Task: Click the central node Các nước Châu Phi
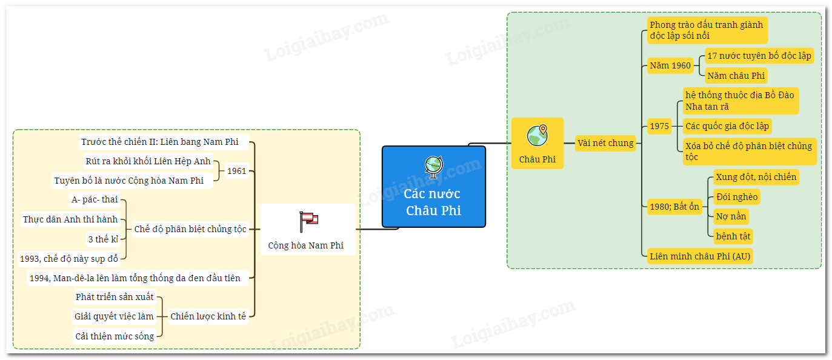click(433, 202)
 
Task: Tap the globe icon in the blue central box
click(433, 165)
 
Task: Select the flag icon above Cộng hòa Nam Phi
click(308, 222)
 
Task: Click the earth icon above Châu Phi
click(537, 136)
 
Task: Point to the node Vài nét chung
click(605, 144)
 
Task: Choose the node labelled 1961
click(236, 171)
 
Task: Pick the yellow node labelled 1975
click(659, 126)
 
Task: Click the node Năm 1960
click(670, 65)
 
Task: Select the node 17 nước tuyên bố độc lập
click(759, 56)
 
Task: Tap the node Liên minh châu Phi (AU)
click(699, 256)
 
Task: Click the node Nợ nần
click(731, 216)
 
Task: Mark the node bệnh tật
click(733, 236)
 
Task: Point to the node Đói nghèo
click(736, 197)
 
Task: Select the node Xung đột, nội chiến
click(756, 177)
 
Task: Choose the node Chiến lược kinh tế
click(208, 316)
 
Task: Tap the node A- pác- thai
click(95, 200)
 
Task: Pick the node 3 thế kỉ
click(103, 239)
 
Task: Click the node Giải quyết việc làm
click(114, 316)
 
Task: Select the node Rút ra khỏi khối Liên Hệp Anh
click(148, 161)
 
